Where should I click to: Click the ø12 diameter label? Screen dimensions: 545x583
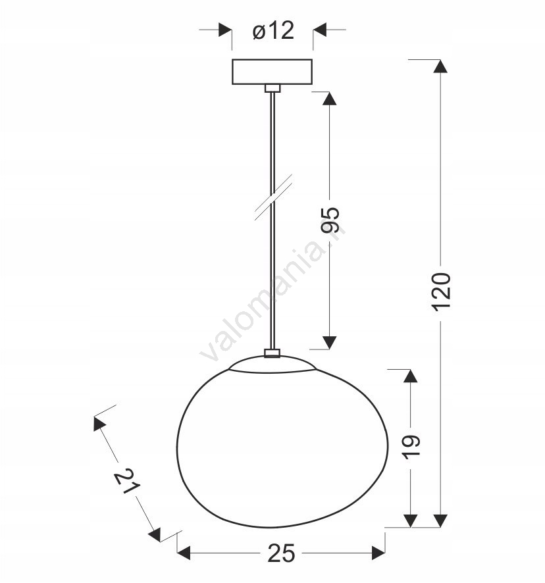coord(273,30)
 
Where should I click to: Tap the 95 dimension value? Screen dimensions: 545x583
coord(330,220)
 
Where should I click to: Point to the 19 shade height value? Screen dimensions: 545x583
coord(411,447)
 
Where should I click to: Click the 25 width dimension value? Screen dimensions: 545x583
coord(281,553)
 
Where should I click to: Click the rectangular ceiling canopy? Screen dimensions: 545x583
coord(272,72)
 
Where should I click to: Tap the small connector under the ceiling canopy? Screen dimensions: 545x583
coord(272,88)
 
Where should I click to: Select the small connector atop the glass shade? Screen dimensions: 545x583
coord(272,353)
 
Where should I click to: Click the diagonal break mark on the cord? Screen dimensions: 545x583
coord(273,197)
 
